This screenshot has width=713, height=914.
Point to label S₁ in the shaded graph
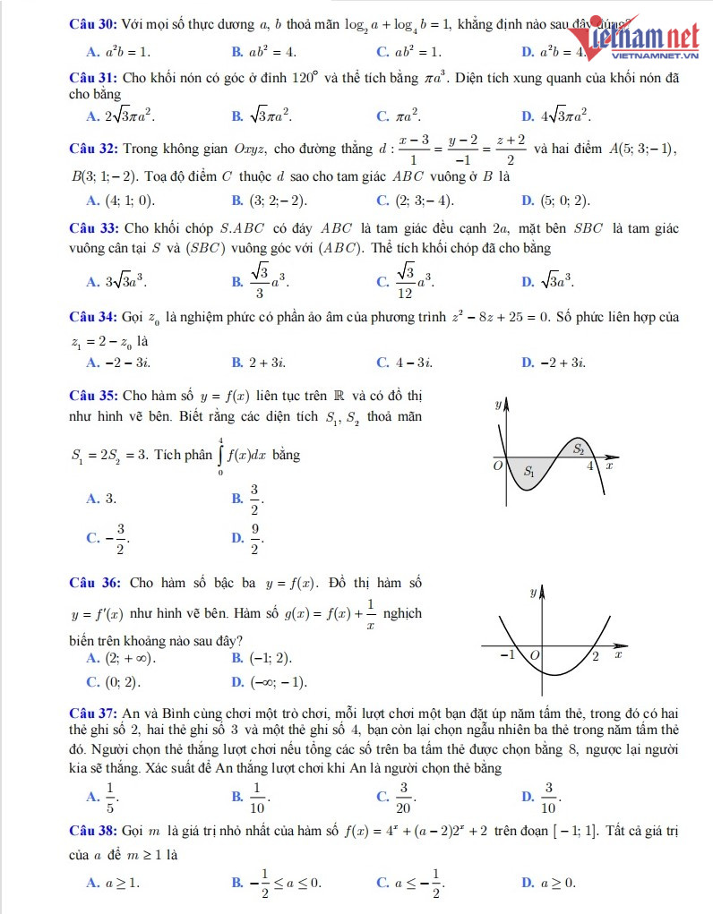529,471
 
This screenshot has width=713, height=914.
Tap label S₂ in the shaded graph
579,448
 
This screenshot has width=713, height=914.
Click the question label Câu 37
91,713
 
